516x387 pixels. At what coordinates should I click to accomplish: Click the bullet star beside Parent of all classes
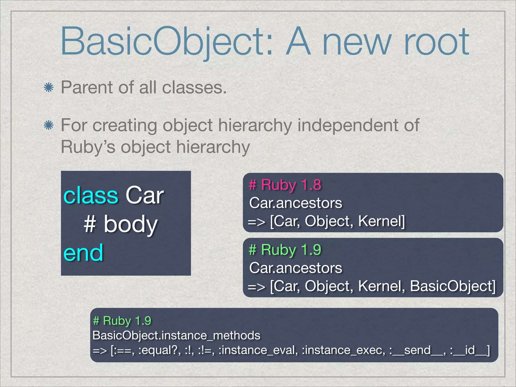[49, 88]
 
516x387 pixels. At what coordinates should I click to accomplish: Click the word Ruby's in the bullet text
[88, 147]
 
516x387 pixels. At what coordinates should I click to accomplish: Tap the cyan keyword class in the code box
[91, 196]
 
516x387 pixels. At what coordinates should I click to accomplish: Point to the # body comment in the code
[120, 224]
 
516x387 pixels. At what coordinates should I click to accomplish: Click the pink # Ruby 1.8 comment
[285, 185]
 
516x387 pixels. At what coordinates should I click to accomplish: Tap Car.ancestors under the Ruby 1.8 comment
[296, 203]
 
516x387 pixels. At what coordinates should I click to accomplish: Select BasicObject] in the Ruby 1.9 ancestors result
[453, 286]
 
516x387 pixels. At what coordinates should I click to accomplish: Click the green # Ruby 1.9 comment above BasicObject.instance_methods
[122, 321]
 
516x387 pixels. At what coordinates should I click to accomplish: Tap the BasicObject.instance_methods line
[176, 336]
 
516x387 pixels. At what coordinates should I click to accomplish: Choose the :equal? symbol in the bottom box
[159, 350]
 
